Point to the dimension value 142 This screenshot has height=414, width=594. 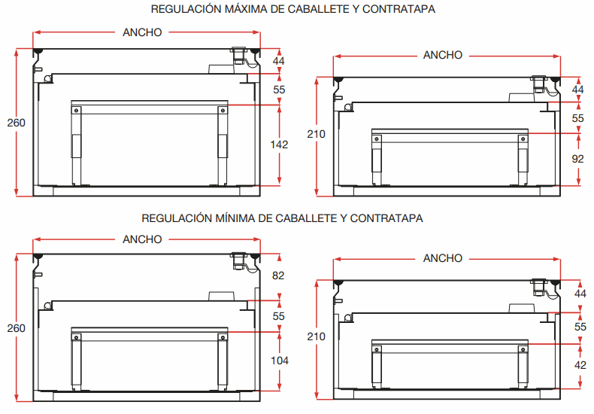[278, 145]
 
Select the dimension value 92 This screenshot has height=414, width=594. [578, 159]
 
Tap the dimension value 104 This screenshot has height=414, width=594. [278, 361]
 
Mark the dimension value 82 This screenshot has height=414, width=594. [278, 276]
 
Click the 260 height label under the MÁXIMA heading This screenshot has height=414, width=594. [16, 123]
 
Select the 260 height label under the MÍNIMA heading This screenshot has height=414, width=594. [16, 328]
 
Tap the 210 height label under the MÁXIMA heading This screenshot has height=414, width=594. [317, 134]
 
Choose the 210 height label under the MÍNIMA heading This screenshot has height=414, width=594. [317, 336]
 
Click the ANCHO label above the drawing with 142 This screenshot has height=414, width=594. [142, 32]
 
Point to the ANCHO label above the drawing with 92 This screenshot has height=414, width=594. [443, 55]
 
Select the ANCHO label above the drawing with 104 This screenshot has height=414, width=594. [142, 239]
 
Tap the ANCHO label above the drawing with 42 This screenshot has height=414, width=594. [443, 258]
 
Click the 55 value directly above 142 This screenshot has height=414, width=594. [278, 90]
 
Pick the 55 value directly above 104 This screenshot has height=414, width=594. [278, 316]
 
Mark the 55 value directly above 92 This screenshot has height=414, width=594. [578, 118]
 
